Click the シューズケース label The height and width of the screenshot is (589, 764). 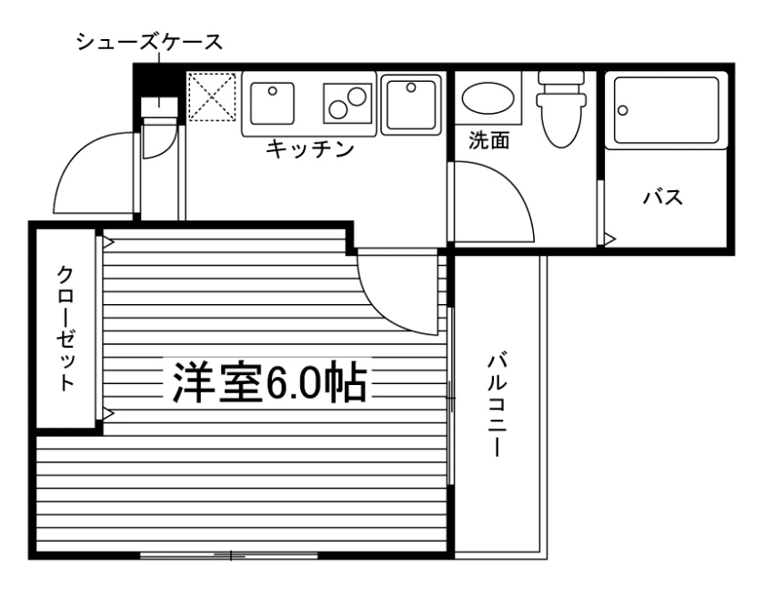point(149,42)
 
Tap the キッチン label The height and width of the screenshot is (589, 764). point(309,149)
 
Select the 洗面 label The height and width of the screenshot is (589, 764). point(488,140)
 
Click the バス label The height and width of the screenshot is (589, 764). point(663,198)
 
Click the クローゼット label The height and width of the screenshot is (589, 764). point(66,328)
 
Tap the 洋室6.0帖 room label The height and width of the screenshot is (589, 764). point(267,384)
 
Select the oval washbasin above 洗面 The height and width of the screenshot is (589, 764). point(488,98)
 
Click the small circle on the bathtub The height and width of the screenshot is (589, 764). point(623,110)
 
